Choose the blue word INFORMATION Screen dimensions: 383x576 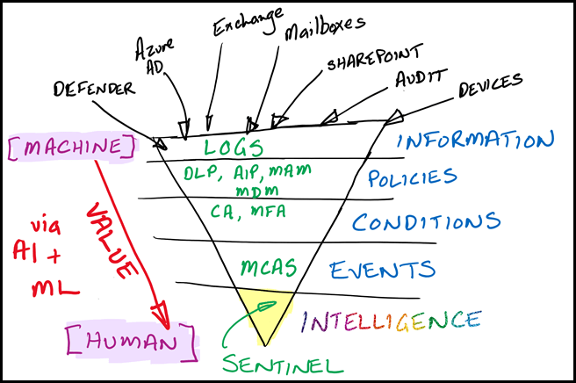point(476,141)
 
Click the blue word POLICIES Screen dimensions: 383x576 point(412,178)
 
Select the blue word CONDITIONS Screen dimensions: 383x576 point(426,222)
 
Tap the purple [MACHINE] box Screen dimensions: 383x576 point(71,147)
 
